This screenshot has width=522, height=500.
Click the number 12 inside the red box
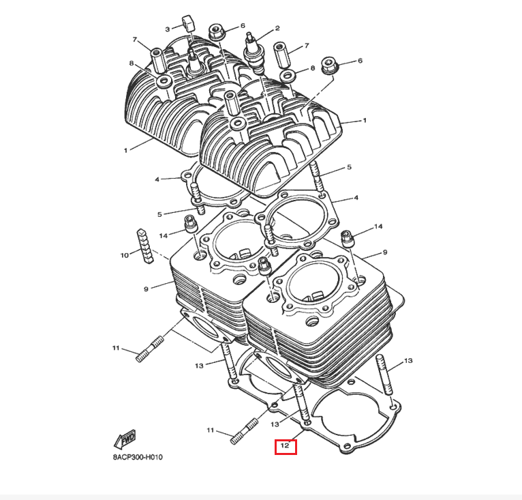click(285, 447)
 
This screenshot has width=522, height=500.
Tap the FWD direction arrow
click(125, 437)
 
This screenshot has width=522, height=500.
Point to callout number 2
click(277, 29)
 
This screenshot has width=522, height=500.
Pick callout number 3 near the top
click(166, 29)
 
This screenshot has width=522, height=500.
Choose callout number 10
click(125, 255)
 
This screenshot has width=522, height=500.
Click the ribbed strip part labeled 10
click(144, 244)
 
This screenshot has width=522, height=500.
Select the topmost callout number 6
click(243, 26)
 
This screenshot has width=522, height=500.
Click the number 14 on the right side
click(378, 226)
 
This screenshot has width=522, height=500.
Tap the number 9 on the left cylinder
click(146, 289)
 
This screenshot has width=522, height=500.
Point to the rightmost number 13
click(408, 360)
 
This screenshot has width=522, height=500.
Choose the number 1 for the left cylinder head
click(125, 149)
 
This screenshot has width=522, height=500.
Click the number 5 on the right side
click(348, 167)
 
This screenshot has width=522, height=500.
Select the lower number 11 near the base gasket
click(211, 430)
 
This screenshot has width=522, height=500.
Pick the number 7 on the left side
click(135, 39)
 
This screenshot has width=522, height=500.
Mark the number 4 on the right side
click(355, 198)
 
